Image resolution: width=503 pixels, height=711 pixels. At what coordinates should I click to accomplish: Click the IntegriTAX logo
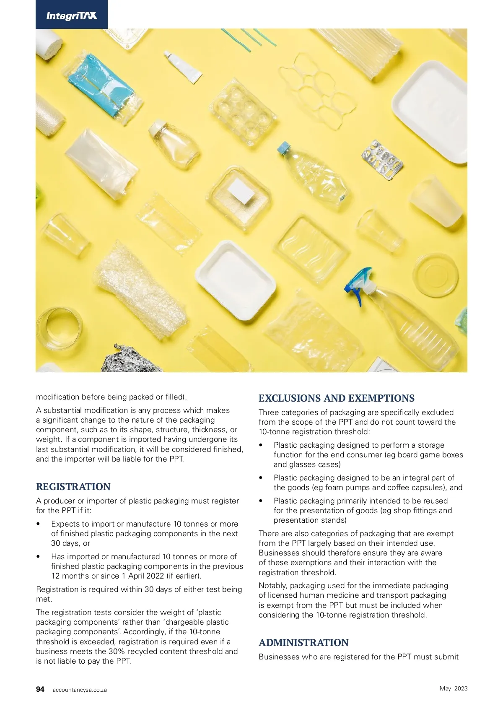click(72, 16)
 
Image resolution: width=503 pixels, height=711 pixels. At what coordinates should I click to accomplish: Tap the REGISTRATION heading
click(73, 487)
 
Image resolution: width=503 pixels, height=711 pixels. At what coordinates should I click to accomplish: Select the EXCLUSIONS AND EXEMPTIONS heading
click(337, 398)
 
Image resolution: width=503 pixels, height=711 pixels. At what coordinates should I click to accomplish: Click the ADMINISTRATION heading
click(303, 643)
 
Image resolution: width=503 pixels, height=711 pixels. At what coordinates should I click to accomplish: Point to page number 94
click(40, 689)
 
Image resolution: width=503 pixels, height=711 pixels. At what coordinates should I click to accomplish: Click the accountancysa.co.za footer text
click(80, 690)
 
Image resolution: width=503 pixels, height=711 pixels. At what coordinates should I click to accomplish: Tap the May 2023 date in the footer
click(454, 688)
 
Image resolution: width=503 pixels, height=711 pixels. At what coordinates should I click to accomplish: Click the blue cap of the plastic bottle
click(284, 148)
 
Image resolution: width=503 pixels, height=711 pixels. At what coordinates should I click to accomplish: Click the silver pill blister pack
click(382, 160)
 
